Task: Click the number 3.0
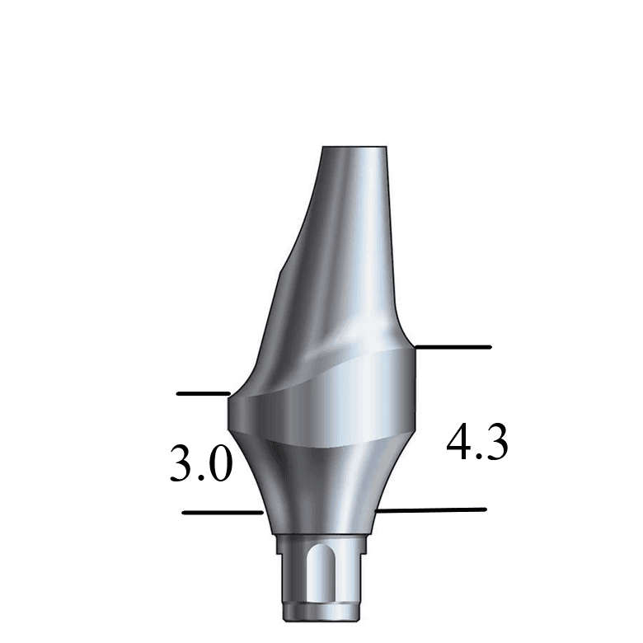pyautogui.click(x=201, y=463)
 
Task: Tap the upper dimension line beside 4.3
pyautogui.click(x=453, y=347)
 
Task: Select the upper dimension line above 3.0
pyautogui.click(x=203, y=394)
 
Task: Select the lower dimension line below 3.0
pyautogui.click(x=222, y=513)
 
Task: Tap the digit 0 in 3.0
pyautogui.click(x=220, y=463)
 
